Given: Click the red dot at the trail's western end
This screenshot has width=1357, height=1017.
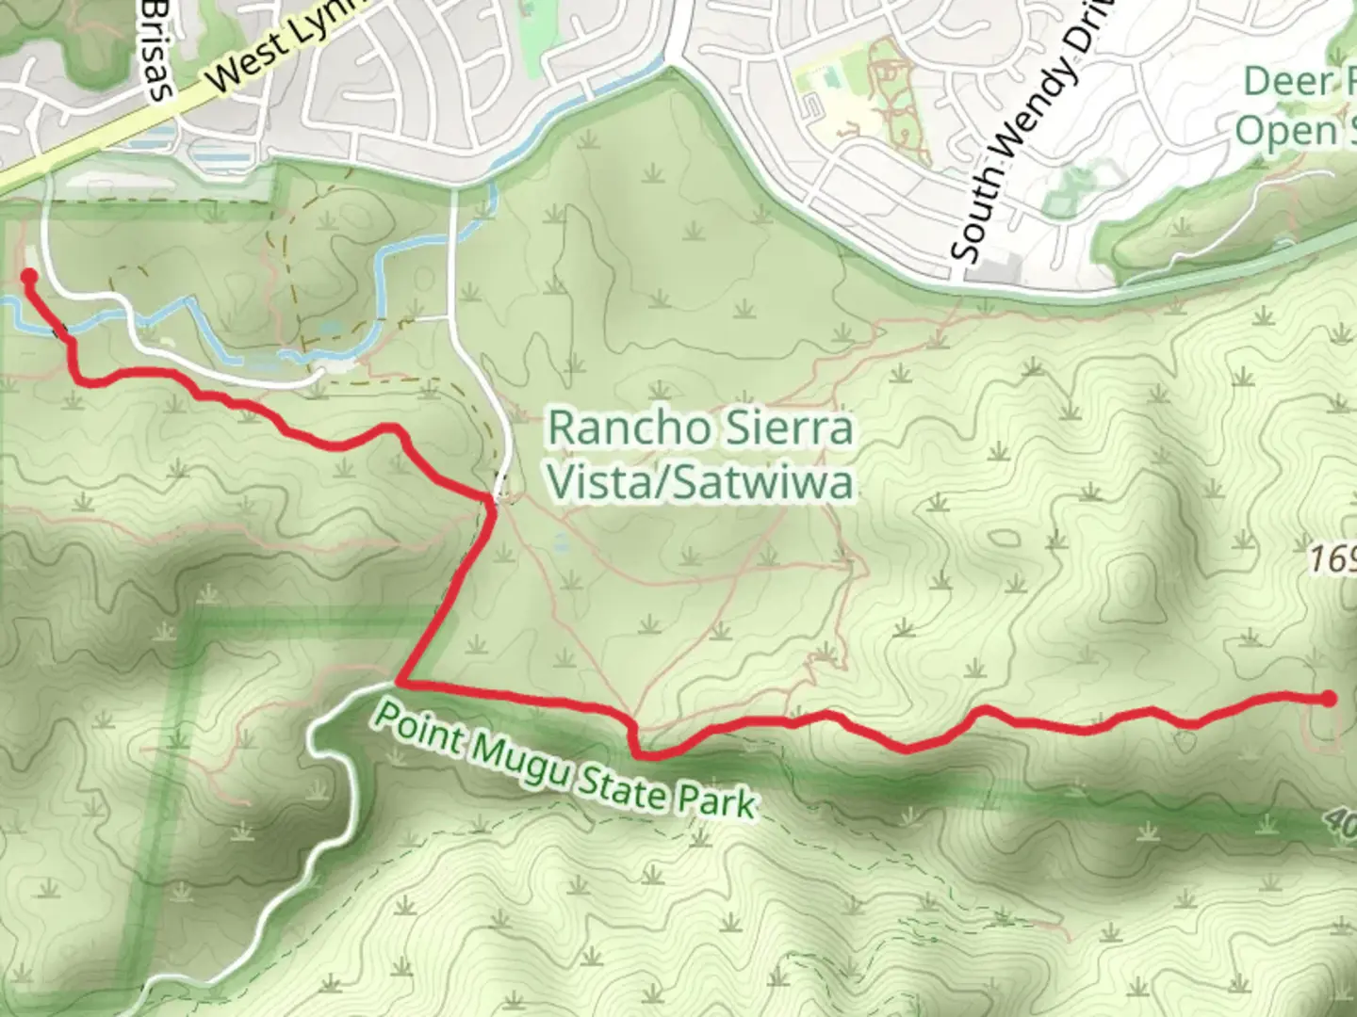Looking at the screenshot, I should [28, 276].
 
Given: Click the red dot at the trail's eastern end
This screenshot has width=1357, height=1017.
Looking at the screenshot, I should [1328, 698].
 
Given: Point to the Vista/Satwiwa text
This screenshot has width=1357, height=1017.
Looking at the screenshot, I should [701, 482].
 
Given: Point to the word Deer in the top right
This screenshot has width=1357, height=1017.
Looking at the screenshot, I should [1287, 82].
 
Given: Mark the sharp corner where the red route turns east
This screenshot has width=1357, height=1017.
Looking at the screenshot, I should [401, 681].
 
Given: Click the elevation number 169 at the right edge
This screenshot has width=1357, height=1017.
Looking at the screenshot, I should [1332, 560].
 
